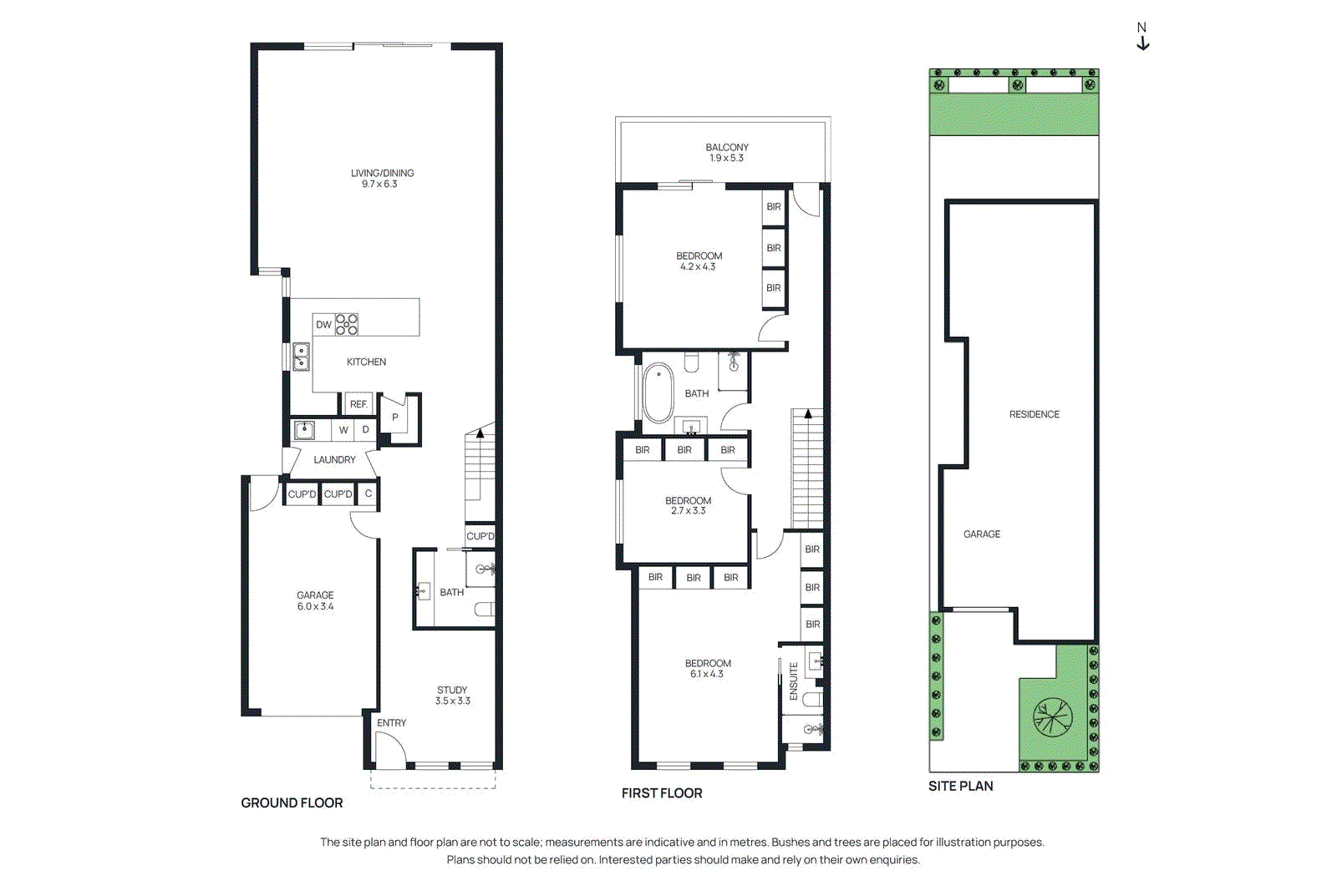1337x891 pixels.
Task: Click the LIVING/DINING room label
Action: coord(382,179)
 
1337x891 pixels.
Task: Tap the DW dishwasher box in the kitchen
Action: coord(323,325)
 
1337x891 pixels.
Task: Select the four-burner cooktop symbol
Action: coord(347,325)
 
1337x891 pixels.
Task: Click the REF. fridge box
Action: coord(358,404)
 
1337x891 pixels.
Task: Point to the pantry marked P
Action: coord(395,417)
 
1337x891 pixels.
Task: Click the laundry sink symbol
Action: coord(305,430)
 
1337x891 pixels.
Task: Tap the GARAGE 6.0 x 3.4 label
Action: coord(315,601)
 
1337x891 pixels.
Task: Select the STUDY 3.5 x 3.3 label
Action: coord(452,696)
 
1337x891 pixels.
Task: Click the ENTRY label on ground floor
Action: coord(391,723)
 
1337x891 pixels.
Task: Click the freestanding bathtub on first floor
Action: coord(658,393)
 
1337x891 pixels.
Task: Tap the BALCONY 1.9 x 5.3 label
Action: coord(726,153)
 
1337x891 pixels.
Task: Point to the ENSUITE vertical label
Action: coord(794,681)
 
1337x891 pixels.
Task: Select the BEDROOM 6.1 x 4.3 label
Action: coord(707,669)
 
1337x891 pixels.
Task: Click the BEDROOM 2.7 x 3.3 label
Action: coord(688,506)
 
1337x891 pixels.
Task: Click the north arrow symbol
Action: coord(1142,38)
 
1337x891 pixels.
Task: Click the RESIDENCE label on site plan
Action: coord(1034,414)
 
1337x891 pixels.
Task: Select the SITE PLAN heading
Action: coord(960,786)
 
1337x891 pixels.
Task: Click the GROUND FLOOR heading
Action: coord(292,802)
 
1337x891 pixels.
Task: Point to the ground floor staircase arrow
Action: coord(480,433)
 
